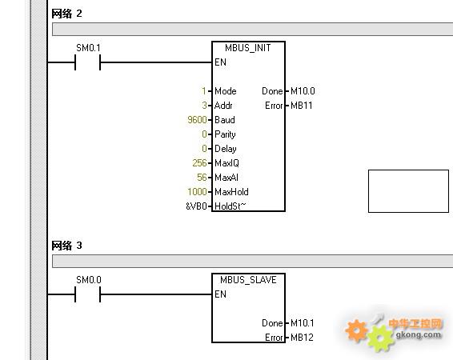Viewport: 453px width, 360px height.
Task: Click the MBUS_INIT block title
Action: (x=248, y=48)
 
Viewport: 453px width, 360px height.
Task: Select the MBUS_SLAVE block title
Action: (x=248, y=280)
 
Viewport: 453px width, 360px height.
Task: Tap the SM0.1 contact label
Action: (x=88, y=48)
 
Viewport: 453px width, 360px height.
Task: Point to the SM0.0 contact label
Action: (x=89, y=280)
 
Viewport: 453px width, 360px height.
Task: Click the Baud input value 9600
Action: (x=197, y=120)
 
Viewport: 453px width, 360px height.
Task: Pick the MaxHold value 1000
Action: (x=197, y=192)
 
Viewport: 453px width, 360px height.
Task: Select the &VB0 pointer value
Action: (x=196, y=206)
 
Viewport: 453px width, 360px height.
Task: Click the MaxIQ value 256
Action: (x=199, y=163)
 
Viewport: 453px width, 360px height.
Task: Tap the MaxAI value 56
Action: (x=202, y=178)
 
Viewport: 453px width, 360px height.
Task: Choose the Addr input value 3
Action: (x=205, y=106)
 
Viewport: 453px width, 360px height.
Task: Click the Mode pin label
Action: (x=226, y=91)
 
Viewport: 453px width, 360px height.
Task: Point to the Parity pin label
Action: (x=225, y=134)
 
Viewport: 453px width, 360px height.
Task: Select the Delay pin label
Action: (x=226, y=149)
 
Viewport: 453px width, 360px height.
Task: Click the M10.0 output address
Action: (x=303, y=91)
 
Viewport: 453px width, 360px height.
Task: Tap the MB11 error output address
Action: (x=301, y=106)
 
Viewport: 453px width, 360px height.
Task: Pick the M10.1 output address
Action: (x=303, y=322)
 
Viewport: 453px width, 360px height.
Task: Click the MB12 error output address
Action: (x=302, y=337)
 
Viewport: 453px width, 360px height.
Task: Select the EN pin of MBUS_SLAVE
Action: (x=220, y=294)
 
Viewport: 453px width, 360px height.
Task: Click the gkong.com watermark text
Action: (x=419, y=334)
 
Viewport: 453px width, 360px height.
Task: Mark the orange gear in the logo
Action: (x=357, y=330)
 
